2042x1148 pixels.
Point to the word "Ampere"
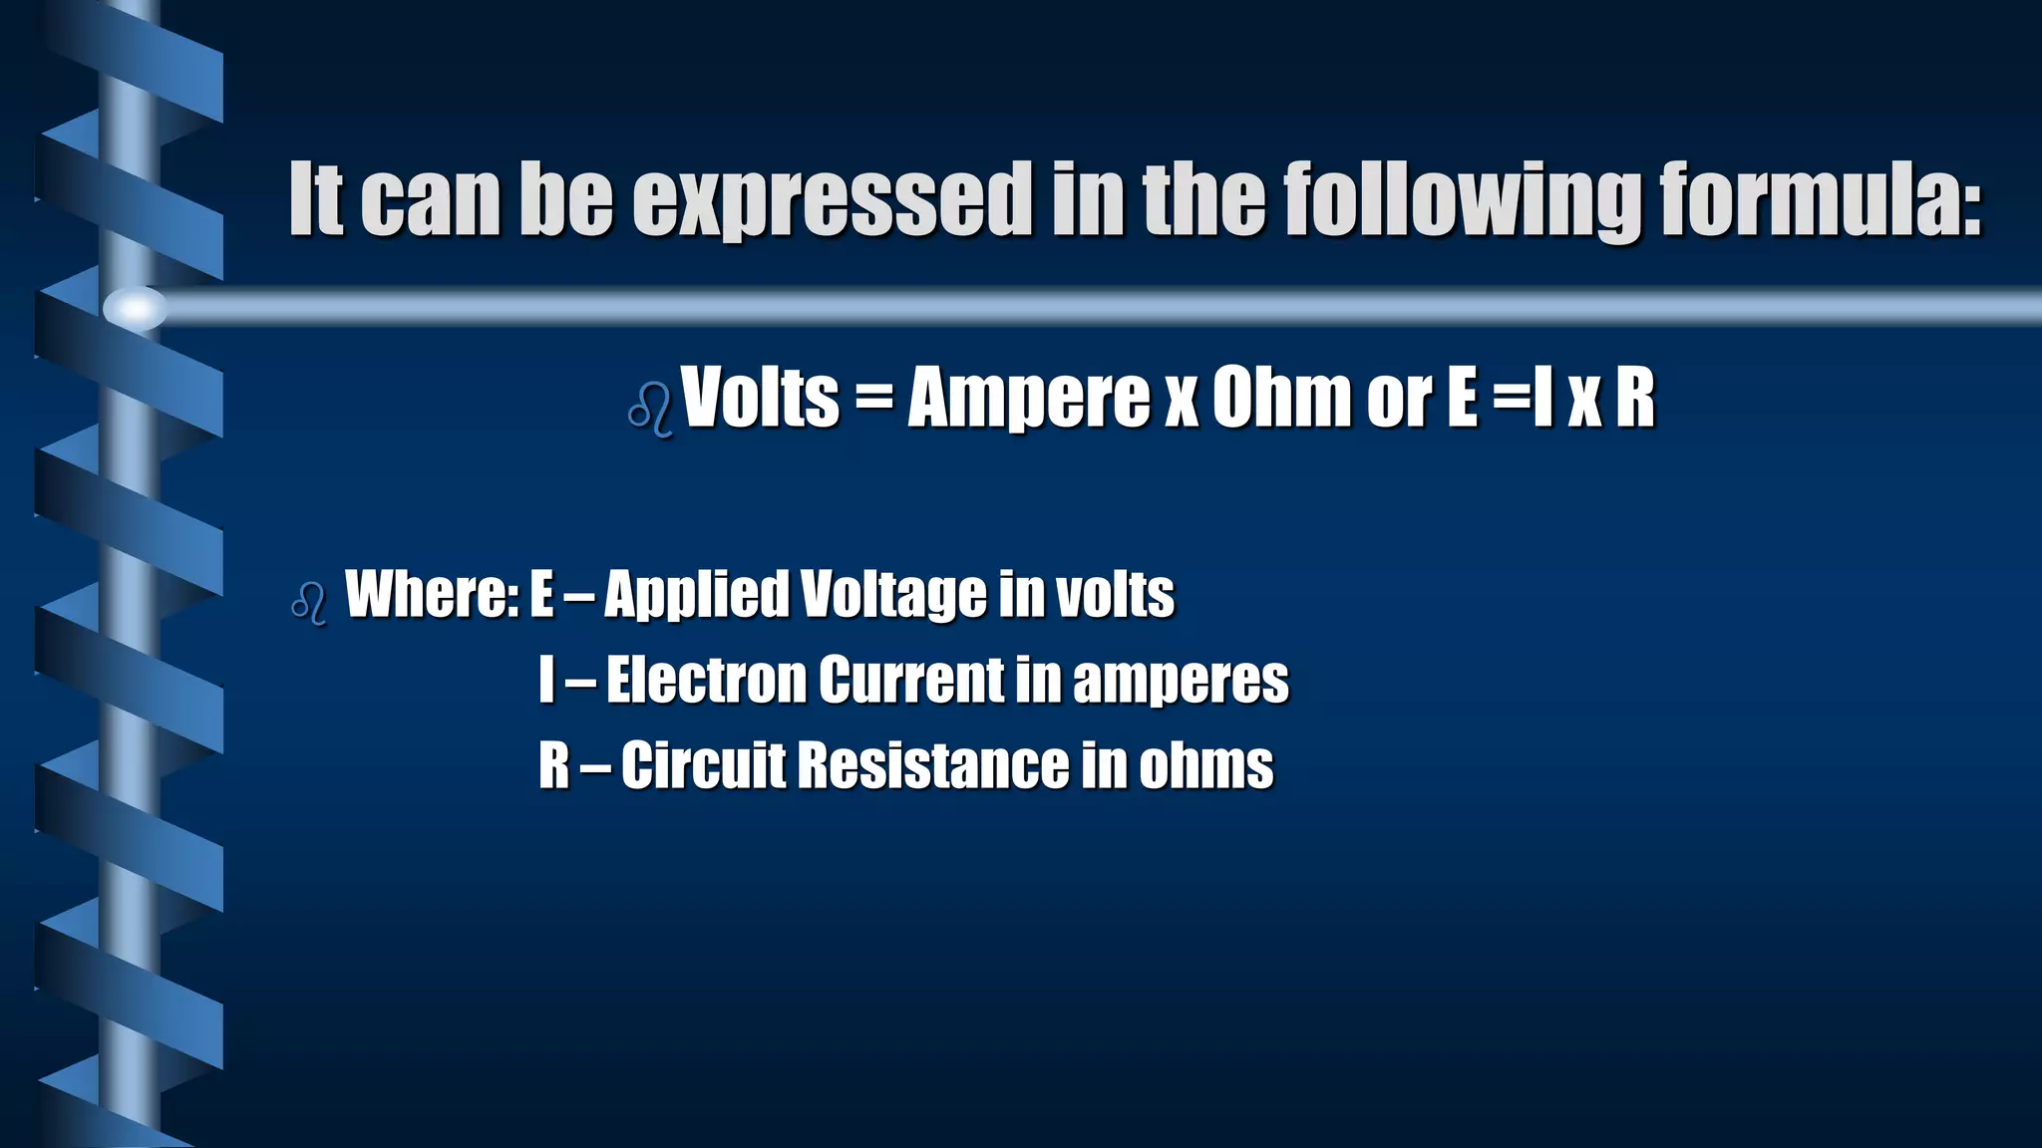click(x=1028, y=398)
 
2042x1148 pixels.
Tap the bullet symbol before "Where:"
click(x=309, y=603)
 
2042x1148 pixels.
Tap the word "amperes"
click(x=1181, y=682)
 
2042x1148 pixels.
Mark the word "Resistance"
click(x=932, y=765)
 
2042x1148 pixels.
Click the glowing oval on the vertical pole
click(x=135, y=307)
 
